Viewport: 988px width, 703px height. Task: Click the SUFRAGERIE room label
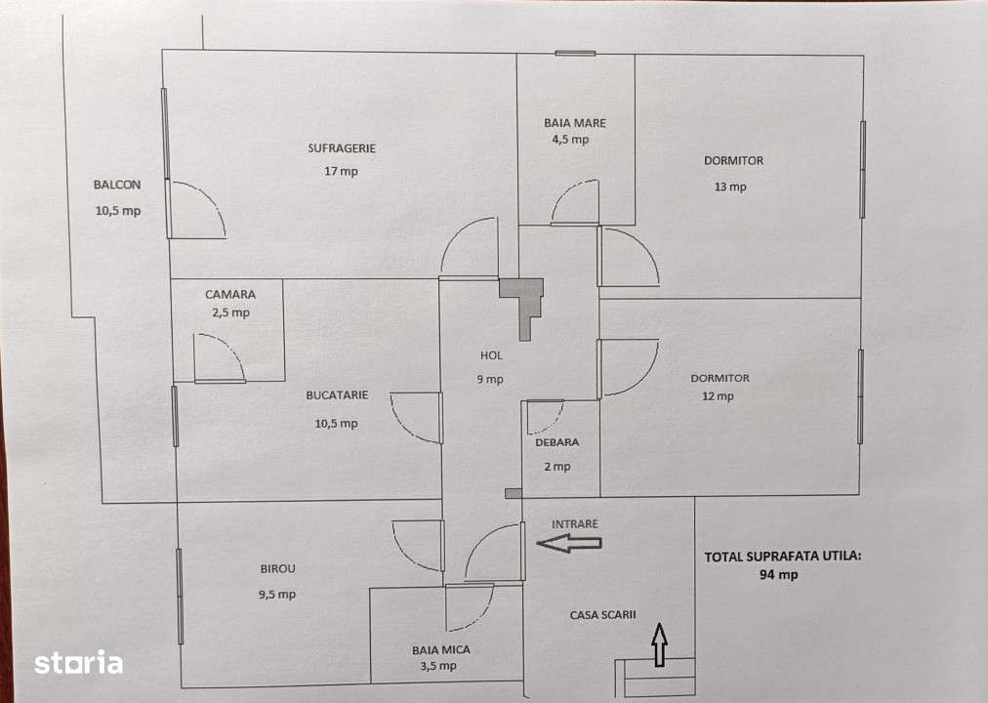tap(342, 148)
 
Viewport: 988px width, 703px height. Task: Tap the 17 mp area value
tap(342, 172)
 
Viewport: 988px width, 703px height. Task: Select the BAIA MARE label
tap(575, 123)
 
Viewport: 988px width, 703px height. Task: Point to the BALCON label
tap(117, 185)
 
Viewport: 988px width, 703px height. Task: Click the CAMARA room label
tap(230, 294)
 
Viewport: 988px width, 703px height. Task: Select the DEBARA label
tap(556, 442)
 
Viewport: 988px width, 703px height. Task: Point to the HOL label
tap(490, 355)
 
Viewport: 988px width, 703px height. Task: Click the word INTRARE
tap(575, 524)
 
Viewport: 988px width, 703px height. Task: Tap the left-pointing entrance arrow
tap(570, 544)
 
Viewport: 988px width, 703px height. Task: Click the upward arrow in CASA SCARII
tap(659, 645)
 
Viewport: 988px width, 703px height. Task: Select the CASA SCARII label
tap(602, 615)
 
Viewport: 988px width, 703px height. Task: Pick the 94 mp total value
tap(779, 575)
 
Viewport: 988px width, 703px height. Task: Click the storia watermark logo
tap(79, 663)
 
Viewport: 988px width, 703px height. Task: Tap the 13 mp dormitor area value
tap(730, 186)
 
